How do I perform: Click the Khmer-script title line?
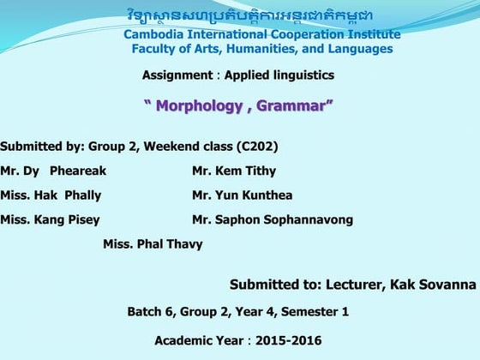tap(261, 16)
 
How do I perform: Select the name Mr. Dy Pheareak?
tap(53, 171)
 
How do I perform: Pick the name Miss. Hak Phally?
tap(51, 195)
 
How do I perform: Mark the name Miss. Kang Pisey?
tap(50, 219)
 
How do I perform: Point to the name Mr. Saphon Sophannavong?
tap(273, 219)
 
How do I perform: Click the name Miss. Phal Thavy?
tap(153, 244)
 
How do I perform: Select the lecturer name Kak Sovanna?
tap(433, 285)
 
